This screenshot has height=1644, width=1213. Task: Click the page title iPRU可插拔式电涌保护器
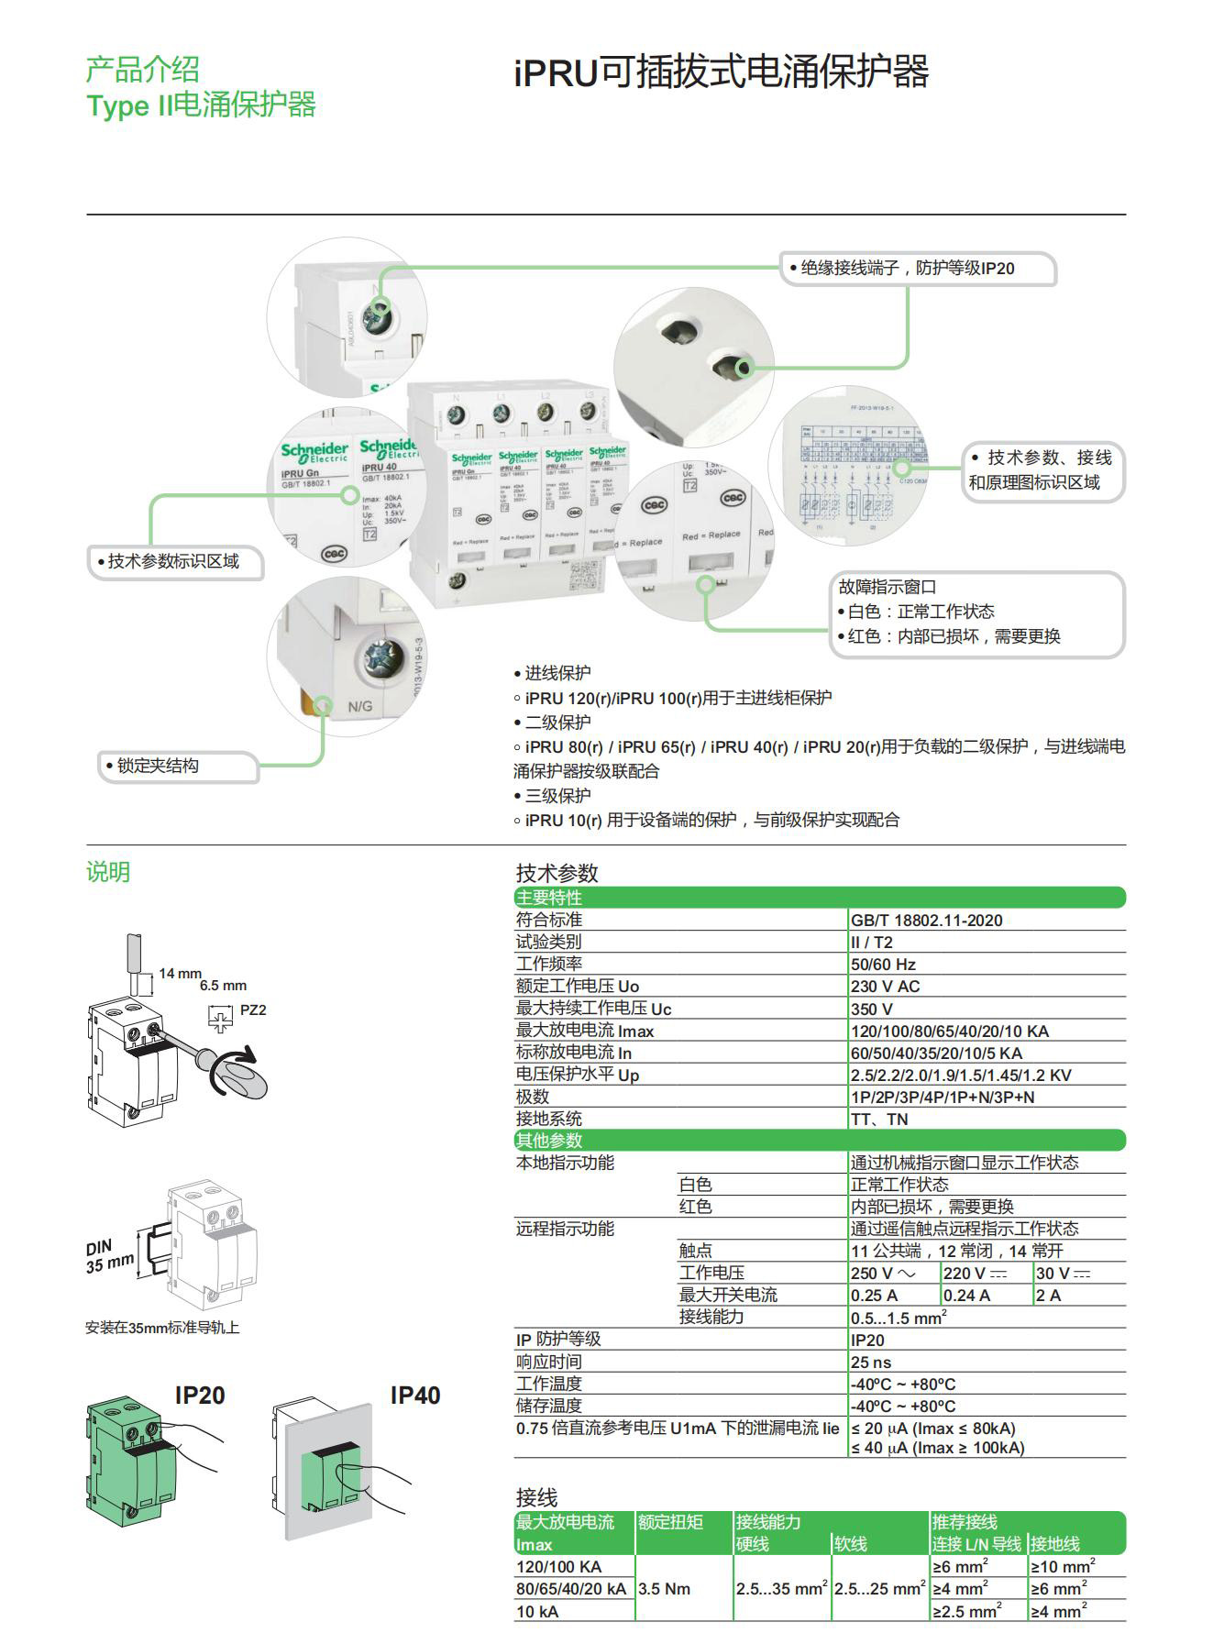coord(721,72)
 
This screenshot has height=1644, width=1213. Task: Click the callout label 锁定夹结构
coord(158,766)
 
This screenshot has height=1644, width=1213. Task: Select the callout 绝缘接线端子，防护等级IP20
coord(907,269)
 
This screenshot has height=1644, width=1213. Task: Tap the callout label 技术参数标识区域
coord(173,561)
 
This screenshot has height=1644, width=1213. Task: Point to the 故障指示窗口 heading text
coord(887,587)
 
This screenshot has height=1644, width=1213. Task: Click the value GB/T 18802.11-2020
coord(926,921)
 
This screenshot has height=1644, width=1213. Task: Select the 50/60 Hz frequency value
coord(883,965)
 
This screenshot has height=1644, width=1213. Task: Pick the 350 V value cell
coord(872,1009)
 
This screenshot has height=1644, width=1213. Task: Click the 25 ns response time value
coord(871,1363)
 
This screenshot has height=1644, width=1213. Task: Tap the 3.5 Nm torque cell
coord(664,1589)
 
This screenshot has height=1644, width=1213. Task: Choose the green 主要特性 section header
coord(549,898)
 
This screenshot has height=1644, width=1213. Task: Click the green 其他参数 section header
coord(549,1141)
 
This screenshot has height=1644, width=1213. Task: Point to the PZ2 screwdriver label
coord(253,1010)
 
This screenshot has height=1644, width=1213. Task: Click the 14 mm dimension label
coord(180,973)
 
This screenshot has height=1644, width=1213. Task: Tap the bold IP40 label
coord(414,1396)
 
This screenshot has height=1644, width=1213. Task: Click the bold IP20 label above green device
coord(200,1396)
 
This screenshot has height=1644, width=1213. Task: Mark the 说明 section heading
coord(108,872)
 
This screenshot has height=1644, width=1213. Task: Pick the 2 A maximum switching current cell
coord(1048,1296)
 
